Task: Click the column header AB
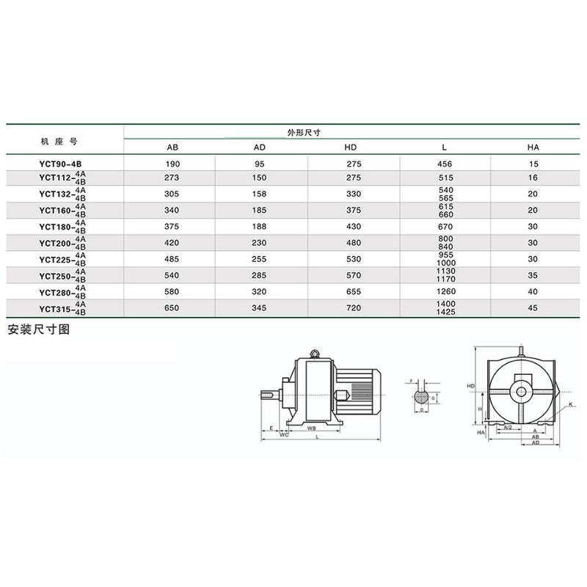[x=172, y=147]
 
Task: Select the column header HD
[x=350, y=147]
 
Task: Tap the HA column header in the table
[x=533, y=147]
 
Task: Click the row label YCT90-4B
[x=63, y=163]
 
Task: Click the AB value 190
[x=172, y=163]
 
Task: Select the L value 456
[x=445, y=163]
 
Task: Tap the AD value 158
[x=259, y=194]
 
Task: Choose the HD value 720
[x=350, y=307]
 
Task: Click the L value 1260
[x=445, y=291]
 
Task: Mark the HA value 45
[x=533, y=307]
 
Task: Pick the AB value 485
[x=172, y=259]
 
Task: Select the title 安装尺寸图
[x=38, y=329]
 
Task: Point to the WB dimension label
[x=312, y=427]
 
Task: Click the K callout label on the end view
[x=569, y=404]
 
